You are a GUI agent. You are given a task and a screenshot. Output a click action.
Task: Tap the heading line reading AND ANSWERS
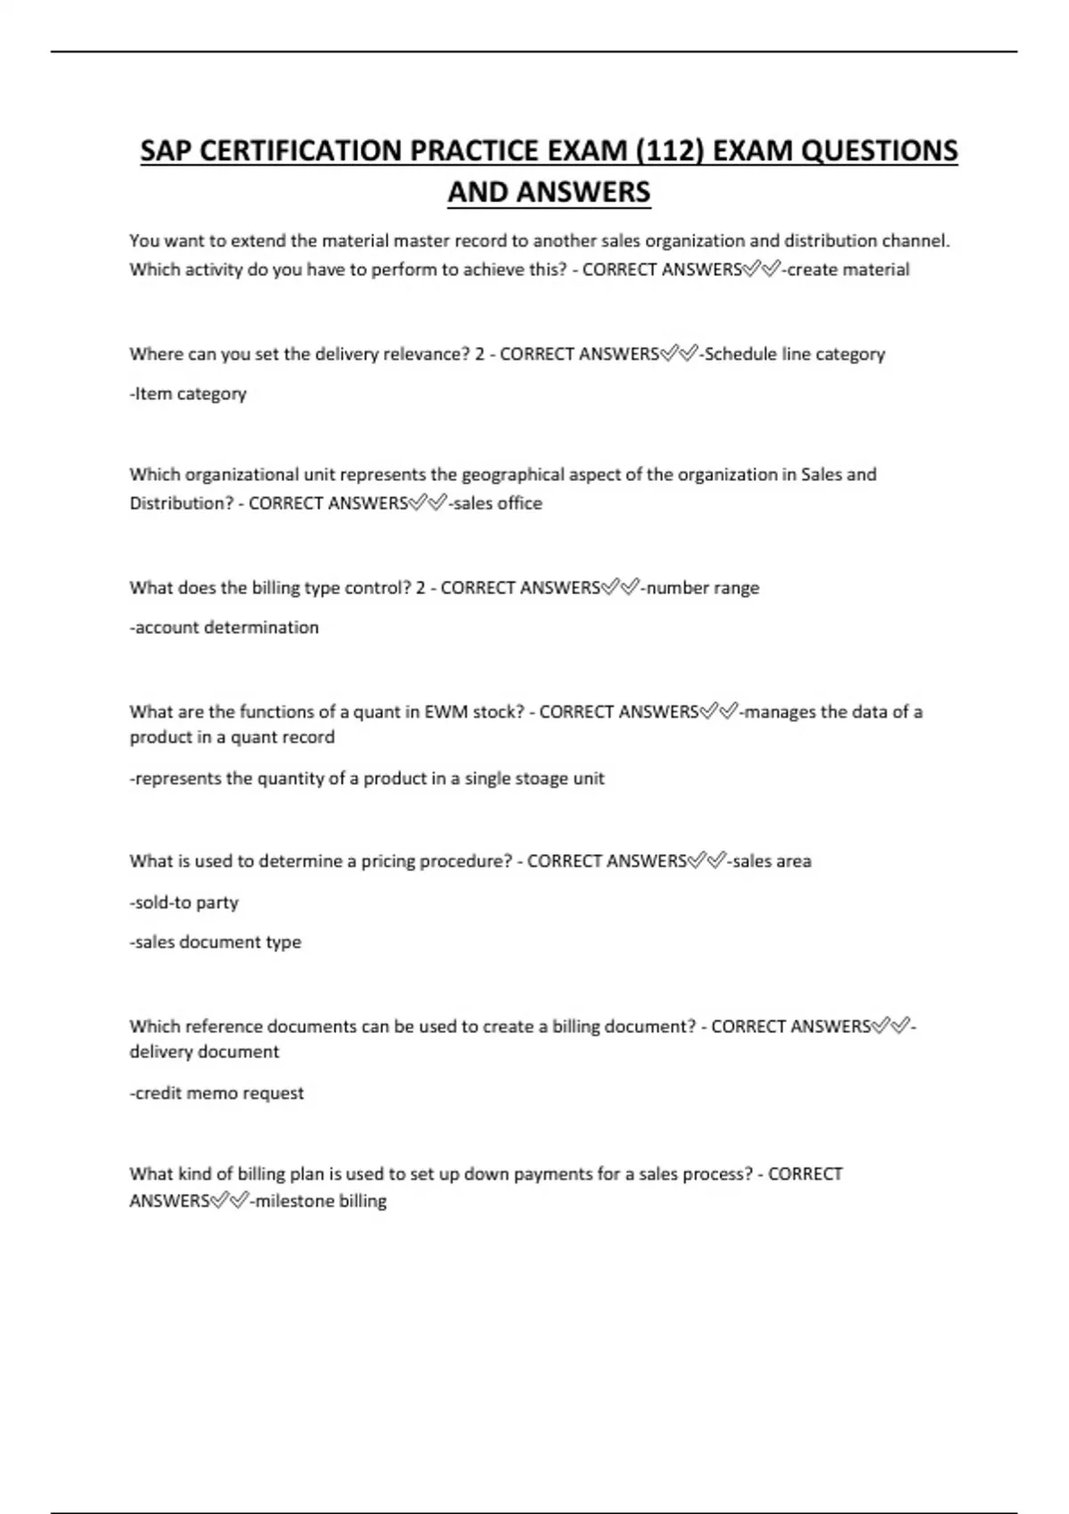click(549, 191)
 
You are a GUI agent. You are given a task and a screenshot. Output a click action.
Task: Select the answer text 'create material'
click(848, 270)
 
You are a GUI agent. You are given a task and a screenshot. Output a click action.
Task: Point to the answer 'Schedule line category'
click(795, 354)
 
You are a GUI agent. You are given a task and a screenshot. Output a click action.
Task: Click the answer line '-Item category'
click(188, 394)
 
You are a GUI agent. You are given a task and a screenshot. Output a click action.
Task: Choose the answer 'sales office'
click(497, 503)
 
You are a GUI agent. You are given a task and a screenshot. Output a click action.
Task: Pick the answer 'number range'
click(702, 588)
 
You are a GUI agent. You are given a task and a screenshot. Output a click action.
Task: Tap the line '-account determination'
click(224, 627)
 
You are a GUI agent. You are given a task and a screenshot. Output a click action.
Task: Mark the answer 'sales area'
click(771, 861)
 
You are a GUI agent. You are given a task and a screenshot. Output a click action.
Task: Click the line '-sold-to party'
click(184, 902)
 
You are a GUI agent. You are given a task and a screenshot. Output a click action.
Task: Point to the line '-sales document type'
click(216, 941)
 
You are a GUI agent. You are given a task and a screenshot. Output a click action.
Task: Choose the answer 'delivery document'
click(204, 1052)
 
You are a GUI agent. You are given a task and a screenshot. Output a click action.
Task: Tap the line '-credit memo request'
click(216, 1093)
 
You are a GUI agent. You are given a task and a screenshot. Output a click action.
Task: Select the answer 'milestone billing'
click(321, 1201)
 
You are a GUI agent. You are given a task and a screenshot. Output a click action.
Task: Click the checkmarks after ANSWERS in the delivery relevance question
click(679, 354)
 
